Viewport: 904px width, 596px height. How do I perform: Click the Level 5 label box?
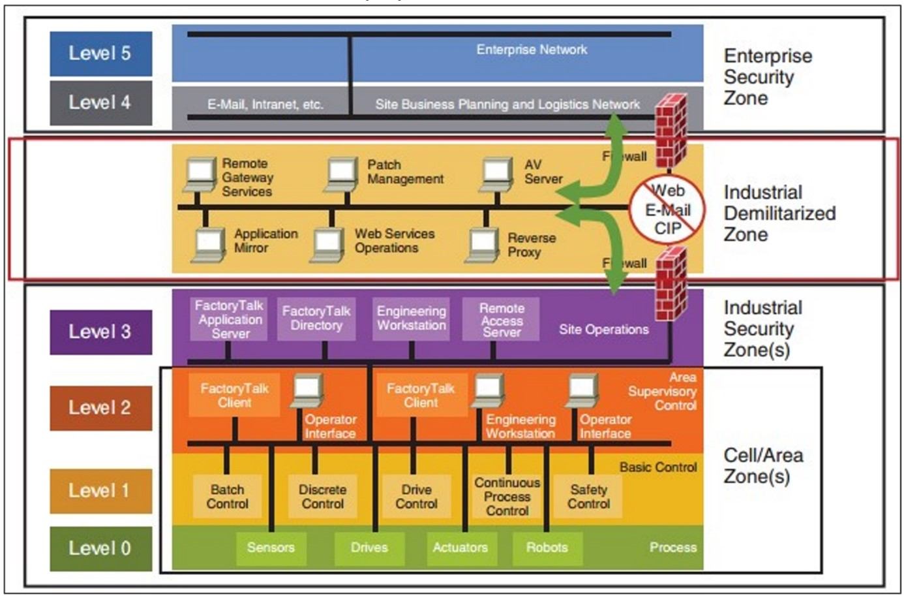pyautogui.click(x=100, y=54)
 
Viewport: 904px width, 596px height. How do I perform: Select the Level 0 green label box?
pyautogui.click(x=100, y=548)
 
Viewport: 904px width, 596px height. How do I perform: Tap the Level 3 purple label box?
pyautogui.click(x=100, y=332)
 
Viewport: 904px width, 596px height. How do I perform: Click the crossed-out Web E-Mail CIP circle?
pyautogui.click(x=667, y=209)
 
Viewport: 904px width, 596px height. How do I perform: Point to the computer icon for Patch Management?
pyautogui.click(x=341, y=174)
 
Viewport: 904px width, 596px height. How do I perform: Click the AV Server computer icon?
pyautogui.click(x=497, y=174)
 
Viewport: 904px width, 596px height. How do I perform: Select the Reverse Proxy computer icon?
pyautogui.click(x=482, y=245)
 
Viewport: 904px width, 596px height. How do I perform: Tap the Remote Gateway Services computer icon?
pyautogui.click(x=200, y=174)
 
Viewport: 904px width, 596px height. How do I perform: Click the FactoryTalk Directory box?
pyautogui.click(x=316, y=319)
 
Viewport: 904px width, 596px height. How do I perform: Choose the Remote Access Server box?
pyautogui.click(x=501, y=319)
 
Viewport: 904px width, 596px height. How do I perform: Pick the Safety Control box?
pyautogui.click(x=588, y=497)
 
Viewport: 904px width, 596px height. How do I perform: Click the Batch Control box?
pyautogui.click(x=227, y=497)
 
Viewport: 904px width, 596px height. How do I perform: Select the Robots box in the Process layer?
pyautogui.click(x=547, y=548)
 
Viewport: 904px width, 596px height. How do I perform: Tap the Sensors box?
pyautogui.click(x=271, y=548)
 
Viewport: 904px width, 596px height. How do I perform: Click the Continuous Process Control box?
pyautogui.click(x=507, y=497)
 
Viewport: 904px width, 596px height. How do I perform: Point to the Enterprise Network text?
pyautogui.click(x=532, y=50)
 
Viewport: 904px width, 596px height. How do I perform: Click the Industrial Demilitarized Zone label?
pyautogui.click(x=779, y=213)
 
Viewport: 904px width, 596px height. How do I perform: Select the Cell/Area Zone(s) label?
pyautogui.click(x=762, y=465)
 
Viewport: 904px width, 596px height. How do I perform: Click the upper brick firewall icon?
pyautogui.click(x=670, y=131)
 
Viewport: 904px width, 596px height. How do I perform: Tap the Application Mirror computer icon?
pyautogui.click(x=209, y=245)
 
